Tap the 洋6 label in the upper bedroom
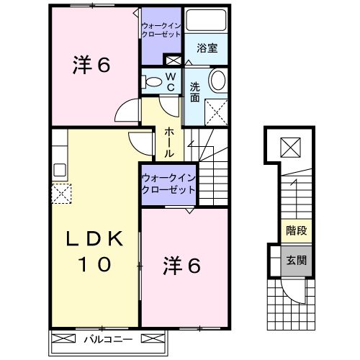[91, 66]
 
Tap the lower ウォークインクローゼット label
[168, 183]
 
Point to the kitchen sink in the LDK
[59, 171]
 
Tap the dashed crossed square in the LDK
[61, 192]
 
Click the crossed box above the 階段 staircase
[290, 149]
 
